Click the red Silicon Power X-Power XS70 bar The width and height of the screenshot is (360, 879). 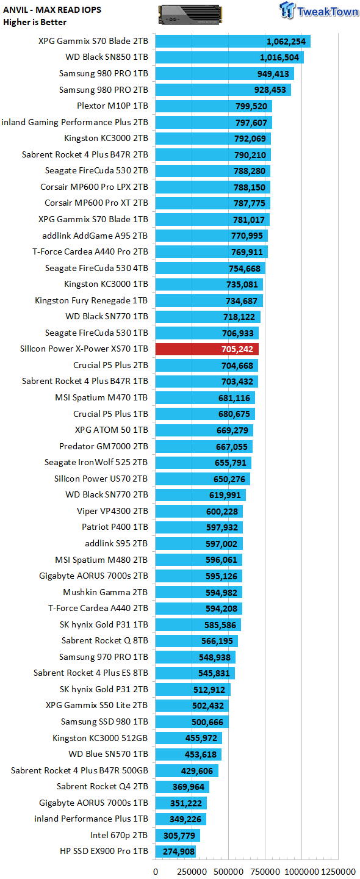point(207,349)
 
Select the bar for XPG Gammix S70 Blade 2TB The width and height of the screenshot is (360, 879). point(233,42)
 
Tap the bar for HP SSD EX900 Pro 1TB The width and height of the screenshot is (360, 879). point(175,851)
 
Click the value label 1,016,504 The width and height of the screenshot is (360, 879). point(279,57)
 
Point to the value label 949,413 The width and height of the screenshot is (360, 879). point(273,74)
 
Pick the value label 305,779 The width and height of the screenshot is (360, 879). point(179,836)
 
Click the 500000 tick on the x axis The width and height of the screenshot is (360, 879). point(229,872)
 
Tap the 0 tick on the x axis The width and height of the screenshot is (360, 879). point(156,872)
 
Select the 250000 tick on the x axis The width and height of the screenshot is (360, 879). point(192,872)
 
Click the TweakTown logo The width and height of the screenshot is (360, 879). point(319,10)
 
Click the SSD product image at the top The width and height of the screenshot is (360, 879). point(190,15)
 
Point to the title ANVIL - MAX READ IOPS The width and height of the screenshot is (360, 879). point(52,10)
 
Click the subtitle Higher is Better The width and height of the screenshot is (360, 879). point(35,23)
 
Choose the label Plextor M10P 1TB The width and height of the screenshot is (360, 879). point(112,106)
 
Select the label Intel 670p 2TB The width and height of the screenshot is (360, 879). point(119,835)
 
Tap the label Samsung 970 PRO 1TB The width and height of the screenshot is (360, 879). point(104,657)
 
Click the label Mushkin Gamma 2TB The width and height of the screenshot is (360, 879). point(106,592)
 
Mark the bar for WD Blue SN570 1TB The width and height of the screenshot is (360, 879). point(189,754)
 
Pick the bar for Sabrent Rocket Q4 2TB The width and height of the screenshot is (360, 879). point(182,786)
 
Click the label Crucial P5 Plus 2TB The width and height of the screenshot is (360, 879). point(110,365)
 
